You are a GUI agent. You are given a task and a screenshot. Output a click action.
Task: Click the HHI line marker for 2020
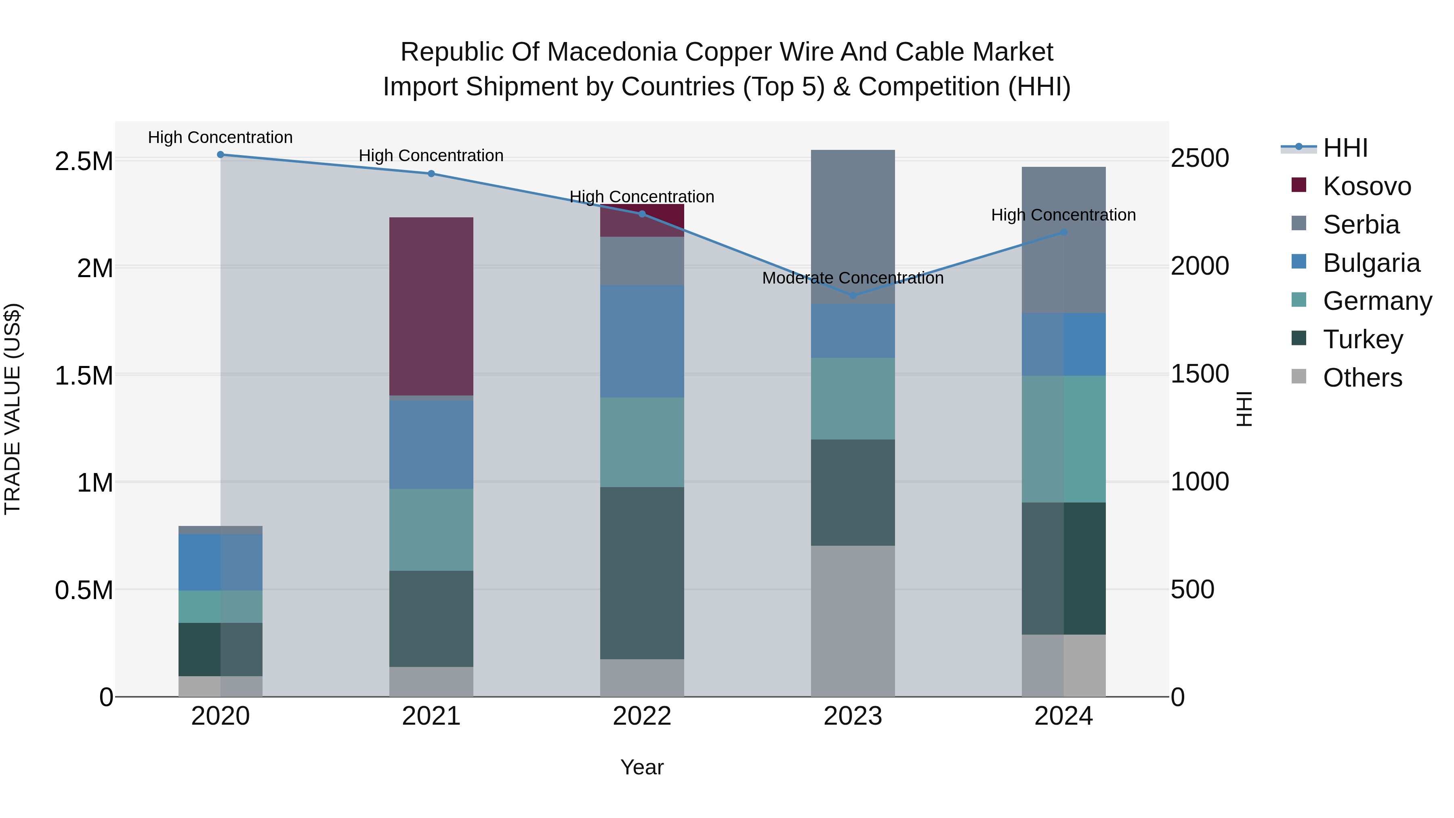[221, 155]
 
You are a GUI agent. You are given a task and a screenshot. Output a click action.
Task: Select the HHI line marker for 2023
[853, 295]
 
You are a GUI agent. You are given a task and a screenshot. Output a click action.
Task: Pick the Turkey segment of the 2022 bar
[642, 572]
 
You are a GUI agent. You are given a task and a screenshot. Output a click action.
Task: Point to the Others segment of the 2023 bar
[853, 620]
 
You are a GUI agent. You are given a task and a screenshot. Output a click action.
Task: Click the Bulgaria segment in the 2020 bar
[221, 562]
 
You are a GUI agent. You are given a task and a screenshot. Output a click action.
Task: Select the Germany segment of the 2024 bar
[1063, 439]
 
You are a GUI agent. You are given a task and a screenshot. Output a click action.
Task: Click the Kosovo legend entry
[1366, 186]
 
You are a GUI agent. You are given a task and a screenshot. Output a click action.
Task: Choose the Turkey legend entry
[1363, 339]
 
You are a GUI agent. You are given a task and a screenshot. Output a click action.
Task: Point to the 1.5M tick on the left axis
[84, 375]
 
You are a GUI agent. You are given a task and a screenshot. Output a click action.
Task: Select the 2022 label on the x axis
[642, 716]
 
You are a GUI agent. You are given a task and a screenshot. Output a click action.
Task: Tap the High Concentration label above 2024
[1063, 215]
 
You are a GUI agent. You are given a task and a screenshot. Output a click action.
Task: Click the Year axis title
[642, 767]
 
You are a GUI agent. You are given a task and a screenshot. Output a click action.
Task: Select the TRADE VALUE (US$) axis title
[13, 409]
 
